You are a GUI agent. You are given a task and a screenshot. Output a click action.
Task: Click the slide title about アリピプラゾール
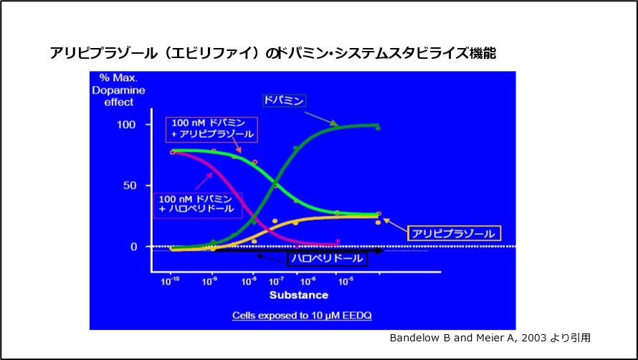pyautogui.click(x=273, y=53)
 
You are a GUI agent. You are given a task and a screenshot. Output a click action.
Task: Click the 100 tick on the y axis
pyautogui.click(x=127, y=124)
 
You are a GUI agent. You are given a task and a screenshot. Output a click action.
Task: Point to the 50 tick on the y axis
pyautogui.click(x=130, y=186)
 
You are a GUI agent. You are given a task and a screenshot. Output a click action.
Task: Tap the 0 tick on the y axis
pyautogui.click(x=133, y=247)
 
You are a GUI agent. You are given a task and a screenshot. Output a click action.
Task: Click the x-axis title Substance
pyautogui.click(x=298, y=295)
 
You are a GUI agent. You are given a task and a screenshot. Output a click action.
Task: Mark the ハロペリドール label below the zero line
pyautogui.click(x=327, y=257)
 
